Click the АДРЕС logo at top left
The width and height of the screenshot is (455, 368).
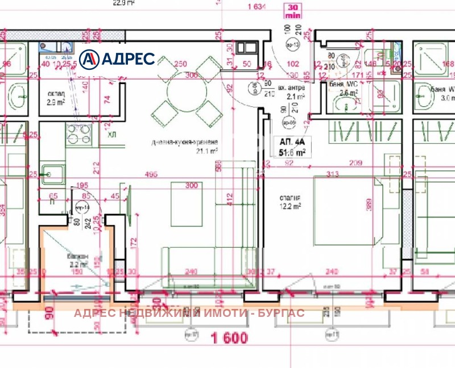(x=117, y=59)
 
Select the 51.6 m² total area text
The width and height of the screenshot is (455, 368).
(x=292, y=152)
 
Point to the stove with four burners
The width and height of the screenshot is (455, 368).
(x=80, y=135)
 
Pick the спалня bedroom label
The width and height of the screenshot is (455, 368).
(x=289, y=197)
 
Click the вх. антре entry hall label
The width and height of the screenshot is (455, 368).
(x=292, y=89)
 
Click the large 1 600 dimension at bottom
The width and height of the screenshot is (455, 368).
(x=229, y=338)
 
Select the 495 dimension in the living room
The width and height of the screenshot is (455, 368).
(x=151, y=174)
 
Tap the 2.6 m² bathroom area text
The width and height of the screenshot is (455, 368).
(x=348, y=93)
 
